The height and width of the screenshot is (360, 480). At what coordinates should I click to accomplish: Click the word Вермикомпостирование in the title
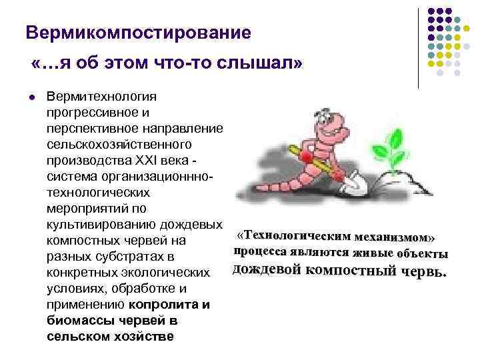tap(138, 32)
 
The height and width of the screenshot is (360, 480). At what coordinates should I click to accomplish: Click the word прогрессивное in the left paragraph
tap(91, 113)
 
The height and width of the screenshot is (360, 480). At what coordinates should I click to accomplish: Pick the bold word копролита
tap(169, 305)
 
